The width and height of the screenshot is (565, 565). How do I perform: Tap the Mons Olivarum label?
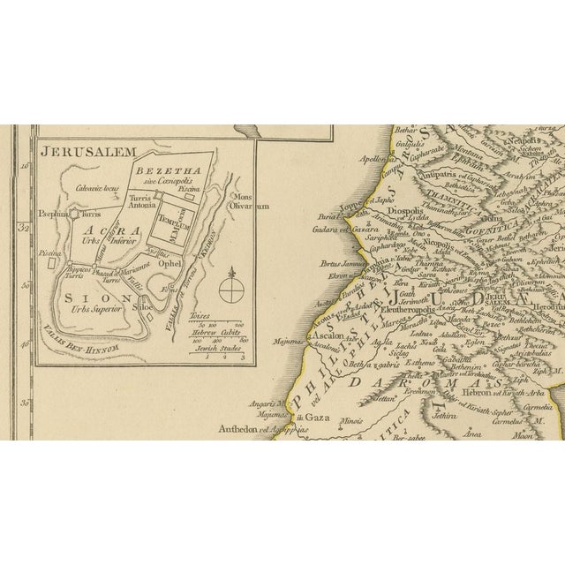click(247, 201)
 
